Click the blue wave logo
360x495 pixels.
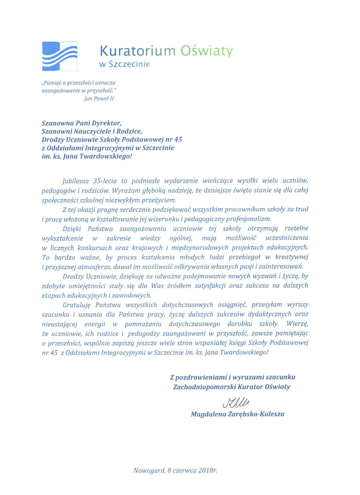pyautogui.click(x=60, y=56)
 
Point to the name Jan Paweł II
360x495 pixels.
pyautogui.click(x=99, y=98)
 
